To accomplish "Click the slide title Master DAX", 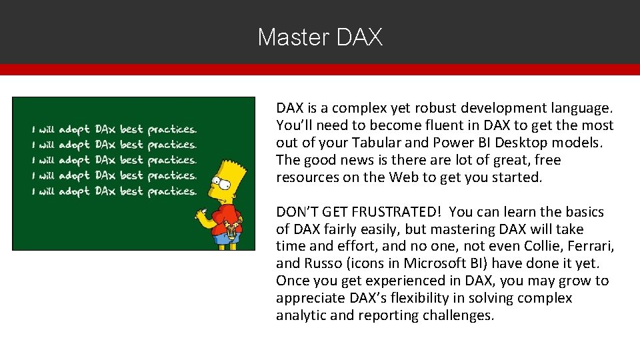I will [320, 37].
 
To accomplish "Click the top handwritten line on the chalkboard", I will [112, 129].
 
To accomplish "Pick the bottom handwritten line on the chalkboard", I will [112, 191].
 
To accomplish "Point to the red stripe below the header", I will [320, 69].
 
